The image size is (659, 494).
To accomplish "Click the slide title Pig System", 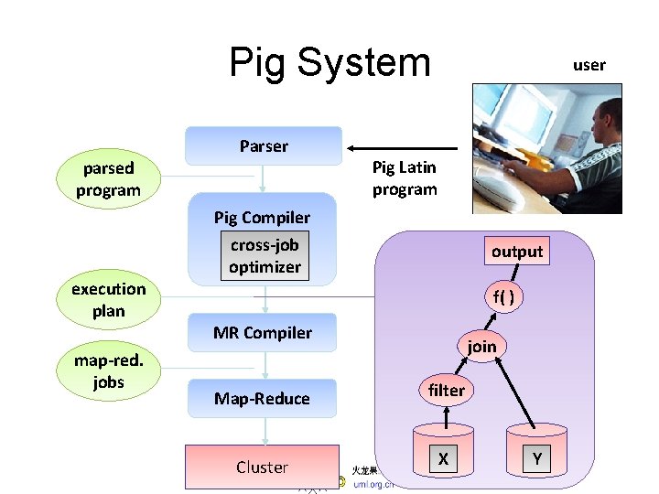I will (x=329, y=62).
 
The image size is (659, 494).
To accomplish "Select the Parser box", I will (x=264, y=146).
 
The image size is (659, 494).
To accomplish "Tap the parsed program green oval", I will (x=108, y=179).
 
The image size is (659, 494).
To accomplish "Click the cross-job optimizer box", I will (x=265, y=256).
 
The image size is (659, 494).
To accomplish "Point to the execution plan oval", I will (x=108, y=300).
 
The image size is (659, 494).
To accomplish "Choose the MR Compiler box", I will (x=263, y=333).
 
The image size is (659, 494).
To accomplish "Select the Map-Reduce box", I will (x=263, y=399).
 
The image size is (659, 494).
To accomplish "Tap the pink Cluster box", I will (x=263, y=467).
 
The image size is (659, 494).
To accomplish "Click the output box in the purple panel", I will (x=517, y=252).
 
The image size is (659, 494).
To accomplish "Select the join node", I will (x=481, y=346).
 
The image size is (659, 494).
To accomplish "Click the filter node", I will (x=447, y=391).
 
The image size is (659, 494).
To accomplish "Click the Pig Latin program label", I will (x=405, y=178).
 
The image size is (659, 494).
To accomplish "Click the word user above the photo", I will (x=589, y=65).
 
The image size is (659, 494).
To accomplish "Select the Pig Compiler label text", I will (x=262, y=218).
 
